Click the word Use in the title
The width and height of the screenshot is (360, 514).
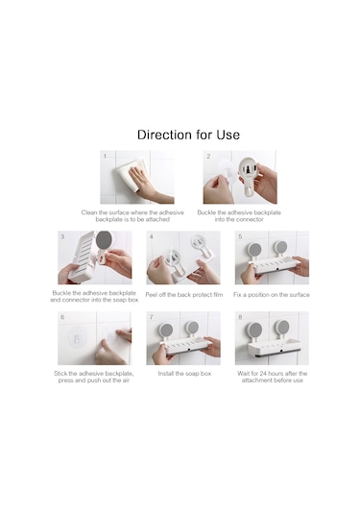coord(228,135)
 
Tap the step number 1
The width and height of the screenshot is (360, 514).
coord(105,156)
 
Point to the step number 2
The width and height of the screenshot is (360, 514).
coord(208,156)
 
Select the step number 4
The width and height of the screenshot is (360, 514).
coord(151,236)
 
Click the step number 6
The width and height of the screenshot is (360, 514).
coord(62,317)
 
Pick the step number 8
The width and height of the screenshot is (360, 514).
coord(240,317)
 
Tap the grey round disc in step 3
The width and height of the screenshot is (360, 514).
coord(105,240)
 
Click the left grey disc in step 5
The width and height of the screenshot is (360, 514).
coord(254,249)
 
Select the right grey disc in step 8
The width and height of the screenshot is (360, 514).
coord(282,326)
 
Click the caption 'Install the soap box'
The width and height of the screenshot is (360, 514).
coord(184,374)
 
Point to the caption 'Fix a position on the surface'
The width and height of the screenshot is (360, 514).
coord(272,295)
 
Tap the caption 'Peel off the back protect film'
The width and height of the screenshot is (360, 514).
coord(184,295)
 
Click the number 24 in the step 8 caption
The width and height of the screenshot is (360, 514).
coord(263,374)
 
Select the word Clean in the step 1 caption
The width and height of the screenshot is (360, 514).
coord(88,212)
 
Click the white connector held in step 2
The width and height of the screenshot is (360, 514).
coord(250,176)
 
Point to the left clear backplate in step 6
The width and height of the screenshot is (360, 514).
coord(77,337)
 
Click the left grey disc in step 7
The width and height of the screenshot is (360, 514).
coord(166,330)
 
